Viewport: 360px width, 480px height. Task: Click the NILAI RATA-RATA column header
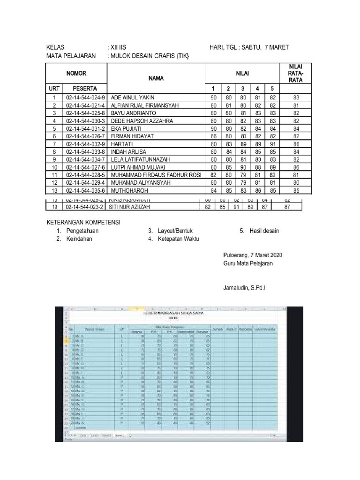point(296,73)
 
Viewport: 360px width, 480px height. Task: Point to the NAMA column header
point(156,78)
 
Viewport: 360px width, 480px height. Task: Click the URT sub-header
point(54,88)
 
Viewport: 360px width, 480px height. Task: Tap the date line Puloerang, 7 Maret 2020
point(253,255)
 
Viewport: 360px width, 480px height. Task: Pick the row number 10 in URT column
point(54,167)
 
